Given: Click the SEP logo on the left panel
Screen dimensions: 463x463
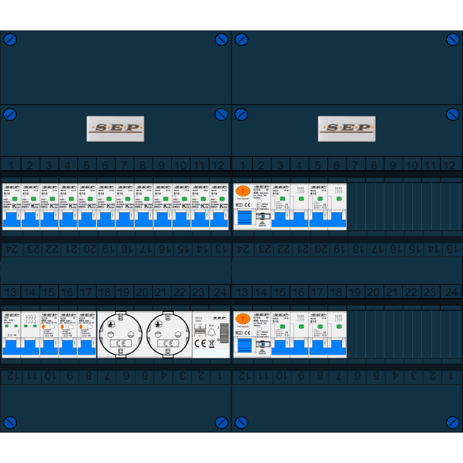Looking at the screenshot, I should click(x=115, y=128).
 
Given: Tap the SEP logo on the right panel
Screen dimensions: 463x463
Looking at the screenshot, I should click(x=346, y=128).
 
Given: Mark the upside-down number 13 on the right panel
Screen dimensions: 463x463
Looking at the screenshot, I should click(x=452, y=249).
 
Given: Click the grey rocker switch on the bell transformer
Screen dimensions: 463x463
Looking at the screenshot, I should click(x=224, y=332).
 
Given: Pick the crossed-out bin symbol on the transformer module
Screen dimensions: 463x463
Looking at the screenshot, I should click(x=211, y=343).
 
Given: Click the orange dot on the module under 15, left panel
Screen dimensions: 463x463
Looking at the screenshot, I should click(x=44, y=326).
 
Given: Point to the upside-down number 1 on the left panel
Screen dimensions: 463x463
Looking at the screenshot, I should click(x=221, y=376).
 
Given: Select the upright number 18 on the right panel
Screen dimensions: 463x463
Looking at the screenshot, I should click(x=336, y=292).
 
